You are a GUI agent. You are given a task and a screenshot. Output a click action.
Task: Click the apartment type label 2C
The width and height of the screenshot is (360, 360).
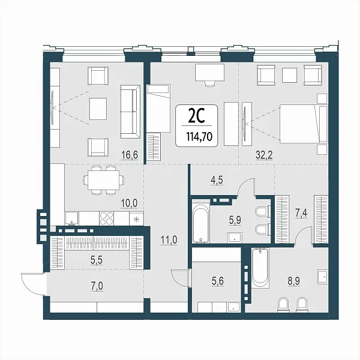click(196, 116)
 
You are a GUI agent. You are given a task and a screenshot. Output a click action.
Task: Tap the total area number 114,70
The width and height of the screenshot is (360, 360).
click(199, 137)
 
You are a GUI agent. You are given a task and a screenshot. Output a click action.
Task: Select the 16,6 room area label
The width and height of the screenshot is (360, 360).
click(130, 155)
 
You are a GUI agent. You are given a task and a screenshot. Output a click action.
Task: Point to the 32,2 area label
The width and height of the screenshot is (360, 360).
click(264, 155)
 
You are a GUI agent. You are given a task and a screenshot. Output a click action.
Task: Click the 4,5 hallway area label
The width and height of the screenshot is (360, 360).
click(217, 180)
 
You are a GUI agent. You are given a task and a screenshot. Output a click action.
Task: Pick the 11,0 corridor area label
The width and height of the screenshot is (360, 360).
click(169, 240)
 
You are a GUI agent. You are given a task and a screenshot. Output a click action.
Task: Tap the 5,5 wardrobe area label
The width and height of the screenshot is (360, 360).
click(97, 260)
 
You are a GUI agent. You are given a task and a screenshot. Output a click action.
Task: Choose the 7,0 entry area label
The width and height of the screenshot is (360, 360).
click(97, 286)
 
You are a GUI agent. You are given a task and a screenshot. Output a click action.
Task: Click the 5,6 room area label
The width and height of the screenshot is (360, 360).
click(218, 281)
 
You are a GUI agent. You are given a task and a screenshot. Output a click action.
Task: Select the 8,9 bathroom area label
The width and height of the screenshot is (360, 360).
click(294, 281)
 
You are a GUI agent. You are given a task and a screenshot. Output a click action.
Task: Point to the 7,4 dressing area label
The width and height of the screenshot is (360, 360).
click(301, 214)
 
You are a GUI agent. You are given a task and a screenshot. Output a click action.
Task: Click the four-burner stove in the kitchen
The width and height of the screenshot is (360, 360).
click(107, 218)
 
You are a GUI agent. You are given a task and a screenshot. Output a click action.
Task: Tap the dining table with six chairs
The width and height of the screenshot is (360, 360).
click(104, 180)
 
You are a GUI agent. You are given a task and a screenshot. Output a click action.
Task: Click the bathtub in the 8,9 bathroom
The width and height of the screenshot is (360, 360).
click(260, 268)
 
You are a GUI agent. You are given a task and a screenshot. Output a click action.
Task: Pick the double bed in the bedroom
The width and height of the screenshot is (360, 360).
click(304, 123)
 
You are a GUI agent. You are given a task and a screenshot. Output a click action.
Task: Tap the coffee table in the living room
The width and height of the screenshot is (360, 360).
click(98, 109)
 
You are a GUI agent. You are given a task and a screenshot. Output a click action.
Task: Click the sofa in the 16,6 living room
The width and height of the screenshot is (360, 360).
click(130, 112)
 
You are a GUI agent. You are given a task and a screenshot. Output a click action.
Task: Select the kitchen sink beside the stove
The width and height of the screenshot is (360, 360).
click(71, 218)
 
